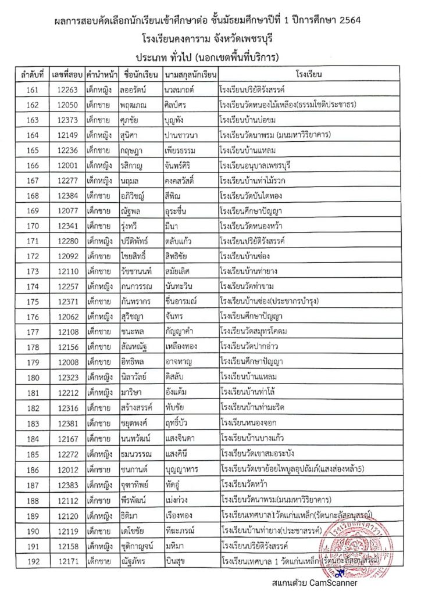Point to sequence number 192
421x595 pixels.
(33, 562)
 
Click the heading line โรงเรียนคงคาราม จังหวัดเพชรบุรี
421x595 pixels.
(210, 40)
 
